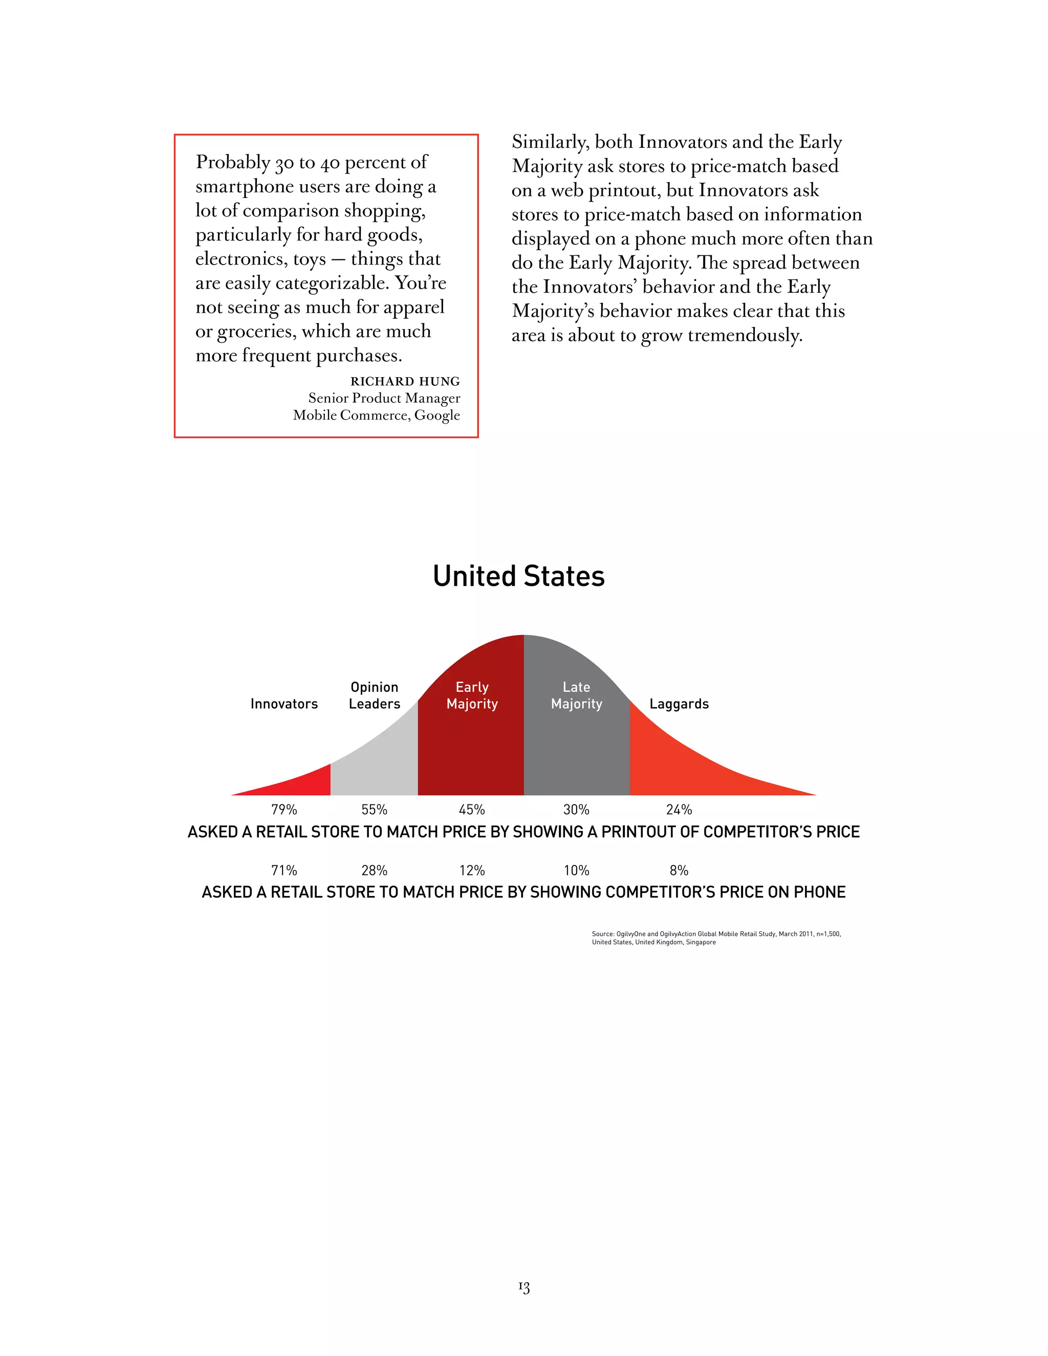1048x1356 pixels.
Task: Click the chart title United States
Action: pyautogui.click(x=518, y=576)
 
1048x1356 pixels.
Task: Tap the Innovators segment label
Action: pyautogui.click(x=283, y=704)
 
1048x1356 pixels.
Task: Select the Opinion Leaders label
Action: pyautogui.click(x=375, y=695)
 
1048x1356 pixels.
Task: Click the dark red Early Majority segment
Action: pyautogui.click(x=471, y=745)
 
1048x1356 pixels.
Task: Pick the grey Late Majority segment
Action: pyautogui.click(x=576, y=745)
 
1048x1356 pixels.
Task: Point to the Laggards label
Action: pyautogui.click(x=679, y=704)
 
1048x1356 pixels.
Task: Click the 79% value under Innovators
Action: pyautogui.click(x=283, y=810)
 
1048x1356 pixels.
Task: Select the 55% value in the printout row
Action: pyautogui.click(x=375, y=810)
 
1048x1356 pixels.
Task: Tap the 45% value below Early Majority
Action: pyautogui.click(x=472, y=810)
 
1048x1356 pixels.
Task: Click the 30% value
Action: pyautogui.click(x=576, y=810)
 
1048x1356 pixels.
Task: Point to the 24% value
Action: pyautogui.click(x=679, y=810)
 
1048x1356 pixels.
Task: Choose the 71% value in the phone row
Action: pyautogui.click(x=283, y=870)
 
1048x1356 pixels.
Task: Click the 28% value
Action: pyautogui.click(x=375, y=870)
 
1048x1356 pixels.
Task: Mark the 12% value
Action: pyautogui.click(x=472, y=870)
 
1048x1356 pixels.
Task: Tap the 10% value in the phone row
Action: pyautogui.click(x=576, y=870)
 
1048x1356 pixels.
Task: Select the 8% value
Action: pyautogui.click(x=679, y=870)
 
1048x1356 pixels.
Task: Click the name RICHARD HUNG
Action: pyautogui.click(x=405, y=381)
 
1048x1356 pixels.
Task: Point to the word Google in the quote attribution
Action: pyautogui.click(x=437, y=415)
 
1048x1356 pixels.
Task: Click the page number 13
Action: pyautogui.click(x=524, y=1288)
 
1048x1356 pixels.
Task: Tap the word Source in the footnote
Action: pyautogui.click(x=603, y=934)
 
